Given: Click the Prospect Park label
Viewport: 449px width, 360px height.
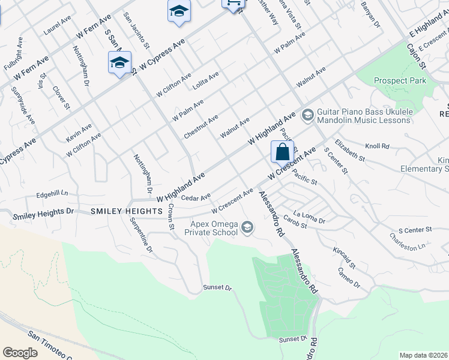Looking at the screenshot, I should click(x=400, y=80).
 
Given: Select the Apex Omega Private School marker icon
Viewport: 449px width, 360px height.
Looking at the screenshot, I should click(x=247, y=227).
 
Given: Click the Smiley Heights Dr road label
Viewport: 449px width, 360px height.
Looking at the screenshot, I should click(x=43, y=212).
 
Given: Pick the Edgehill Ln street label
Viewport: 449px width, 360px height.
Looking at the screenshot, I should click(x=52, y=194).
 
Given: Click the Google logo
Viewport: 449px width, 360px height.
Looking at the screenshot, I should click(x=20, y=353).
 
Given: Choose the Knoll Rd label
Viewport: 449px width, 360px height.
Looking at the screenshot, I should click(x=378, y=146).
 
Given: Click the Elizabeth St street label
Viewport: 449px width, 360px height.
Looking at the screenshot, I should click(x=350, y=149).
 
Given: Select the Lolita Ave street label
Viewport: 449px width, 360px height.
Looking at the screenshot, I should click(x=206, y=81).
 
